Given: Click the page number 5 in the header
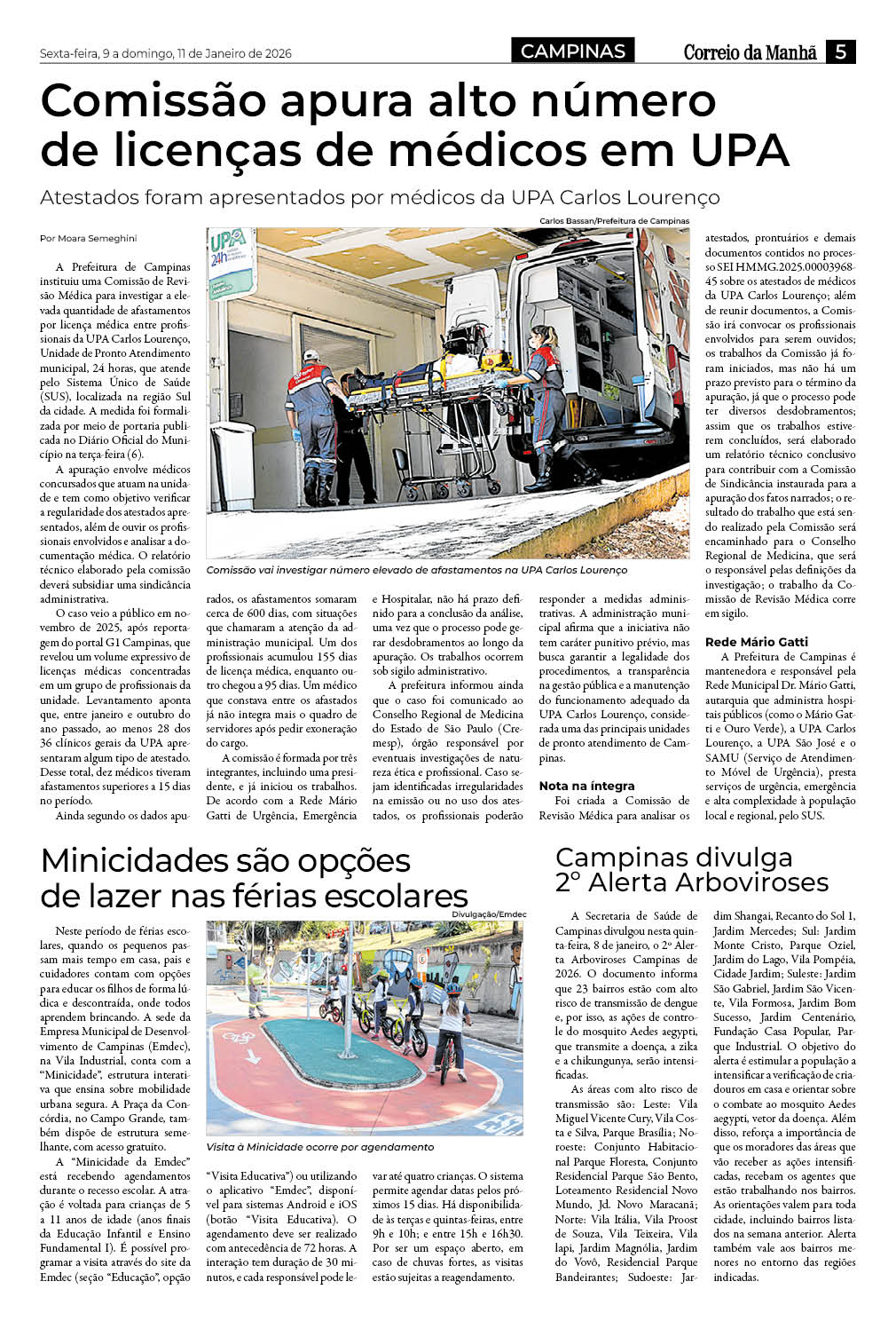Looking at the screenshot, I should click(839, 51).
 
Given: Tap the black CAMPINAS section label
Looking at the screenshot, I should click(573, 51).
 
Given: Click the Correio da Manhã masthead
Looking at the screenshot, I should click(750, 52).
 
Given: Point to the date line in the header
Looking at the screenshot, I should click(166, 53).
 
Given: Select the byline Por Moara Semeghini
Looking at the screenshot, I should click(89, 238).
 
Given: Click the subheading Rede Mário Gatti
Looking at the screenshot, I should click(757, 642).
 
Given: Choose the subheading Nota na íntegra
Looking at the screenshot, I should click(587, 786).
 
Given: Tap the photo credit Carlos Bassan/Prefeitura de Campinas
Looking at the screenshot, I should click(614, 221).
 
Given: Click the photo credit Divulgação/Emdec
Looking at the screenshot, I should click(489, 914).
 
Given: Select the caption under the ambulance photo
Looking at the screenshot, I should click(416, 570).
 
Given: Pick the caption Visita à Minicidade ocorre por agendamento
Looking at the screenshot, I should click(320, 1147).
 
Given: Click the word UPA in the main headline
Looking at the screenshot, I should click(738, 149).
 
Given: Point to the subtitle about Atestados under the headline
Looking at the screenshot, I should click(380, 197).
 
